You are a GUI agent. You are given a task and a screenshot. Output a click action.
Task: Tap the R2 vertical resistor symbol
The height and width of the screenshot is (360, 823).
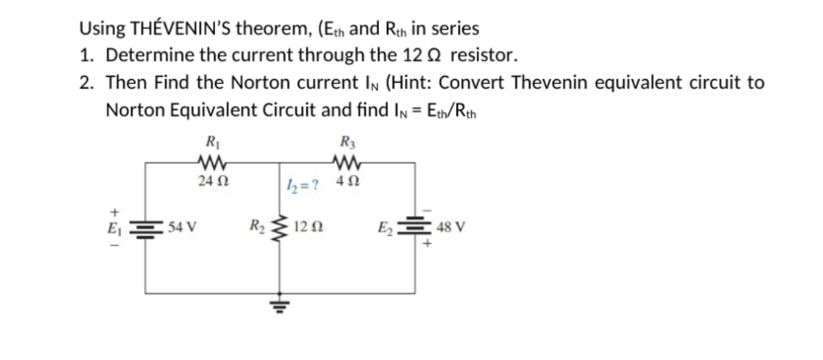point(278,227)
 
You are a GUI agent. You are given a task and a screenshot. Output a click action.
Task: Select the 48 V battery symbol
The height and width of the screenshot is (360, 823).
point(419,225)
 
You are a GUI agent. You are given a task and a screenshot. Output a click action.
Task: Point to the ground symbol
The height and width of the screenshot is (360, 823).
point(278,301)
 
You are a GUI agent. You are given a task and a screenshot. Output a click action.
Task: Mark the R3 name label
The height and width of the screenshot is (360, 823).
point(344,141)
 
